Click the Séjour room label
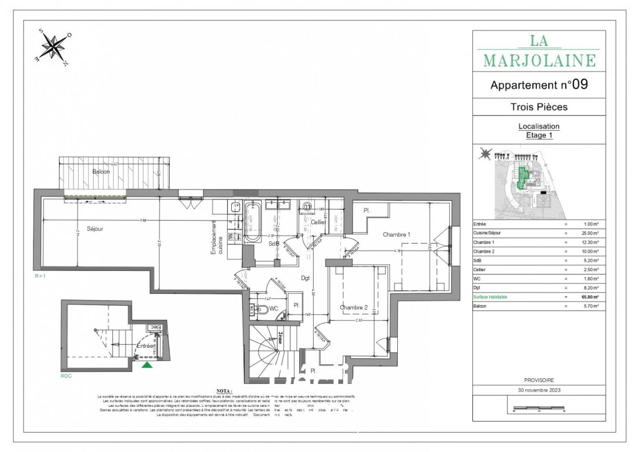[x=95, y=229]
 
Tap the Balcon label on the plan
[x=101, y=172]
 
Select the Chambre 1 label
[x=396, y=235]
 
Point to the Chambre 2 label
[x=354, y=308]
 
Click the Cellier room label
[x=318, y=222]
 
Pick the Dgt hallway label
[x=305, y=278]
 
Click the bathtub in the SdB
[x=253, y=221]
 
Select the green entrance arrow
[x=147, y=364]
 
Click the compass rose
[x=55, y=47]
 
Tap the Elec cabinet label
[x=154, y=327]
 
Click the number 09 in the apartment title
[x=580, y=85]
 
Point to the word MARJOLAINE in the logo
[x=539, y=60]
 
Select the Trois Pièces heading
[x=539, y=107]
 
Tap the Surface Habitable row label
[x=490, y=297]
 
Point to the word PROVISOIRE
[x=539, y=381]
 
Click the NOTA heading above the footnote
[x=225, y=391]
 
